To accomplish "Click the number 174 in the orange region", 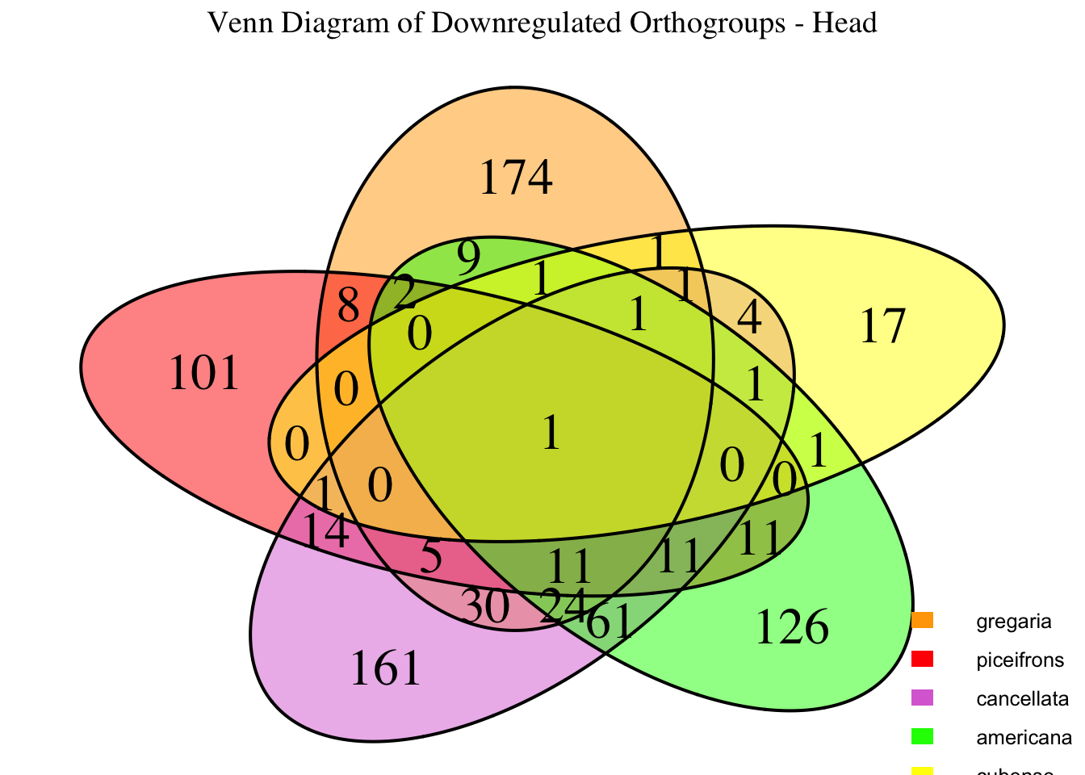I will click(x=516, y=178).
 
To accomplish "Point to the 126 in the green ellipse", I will click(x=791, y=628).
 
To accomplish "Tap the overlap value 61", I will click(x=609, y=624).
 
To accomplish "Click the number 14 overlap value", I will click(x=325, y=531).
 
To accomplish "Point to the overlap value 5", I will click(x=432, y=557).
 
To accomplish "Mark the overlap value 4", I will click(x=749, y=320).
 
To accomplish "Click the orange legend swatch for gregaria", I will click(x=923, y=620).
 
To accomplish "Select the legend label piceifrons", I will click(x=1020, y=660).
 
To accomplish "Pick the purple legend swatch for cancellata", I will click(x=923, y=697).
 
